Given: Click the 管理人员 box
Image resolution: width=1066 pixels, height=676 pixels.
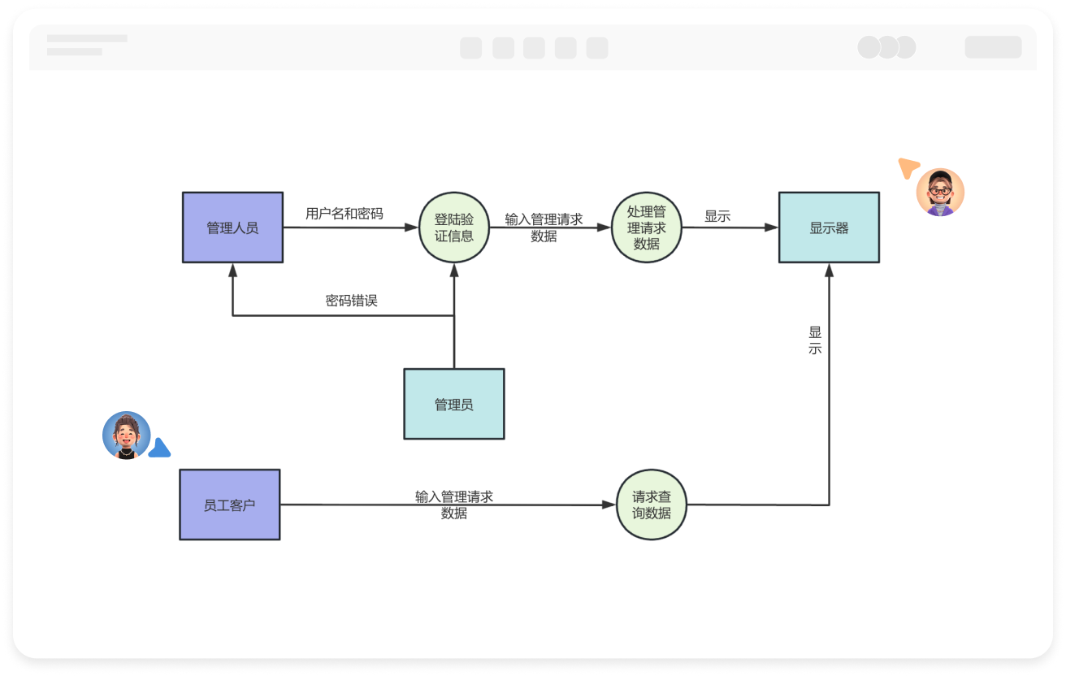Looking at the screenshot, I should click(x=232, y=227).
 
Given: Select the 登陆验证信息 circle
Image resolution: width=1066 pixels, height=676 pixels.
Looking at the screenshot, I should click(x=453, y=227).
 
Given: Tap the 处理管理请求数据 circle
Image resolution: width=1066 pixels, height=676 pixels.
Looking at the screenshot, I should click(x=646, y=227).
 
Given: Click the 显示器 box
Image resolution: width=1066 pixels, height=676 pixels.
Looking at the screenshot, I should click(x=829, y=227).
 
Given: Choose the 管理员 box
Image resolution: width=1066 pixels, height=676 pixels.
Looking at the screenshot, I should click(x=453, y=404).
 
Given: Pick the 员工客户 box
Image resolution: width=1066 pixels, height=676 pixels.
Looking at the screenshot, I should click(x=229, y=505).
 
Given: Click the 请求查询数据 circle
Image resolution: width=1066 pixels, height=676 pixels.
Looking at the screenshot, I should click(x=651, y=505).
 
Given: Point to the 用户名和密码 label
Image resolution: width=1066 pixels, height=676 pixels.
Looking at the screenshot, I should click(x=344, y=214).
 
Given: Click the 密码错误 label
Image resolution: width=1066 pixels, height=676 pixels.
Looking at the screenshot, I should click(x=351, y=301).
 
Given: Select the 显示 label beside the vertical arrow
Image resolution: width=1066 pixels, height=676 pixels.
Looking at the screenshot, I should click(x=815, y=340).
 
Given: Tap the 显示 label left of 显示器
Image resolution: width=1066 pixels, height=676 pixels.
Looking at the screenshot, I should click(x=717, y=216).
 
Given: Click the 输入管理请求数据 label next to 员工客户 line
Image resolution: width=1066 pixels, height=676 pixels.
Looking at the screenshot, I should click(x=453, y=505).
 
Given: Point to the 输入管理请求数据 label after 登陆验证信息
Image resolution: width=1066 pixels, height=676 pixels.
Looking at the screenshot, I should click(x=544, y=227).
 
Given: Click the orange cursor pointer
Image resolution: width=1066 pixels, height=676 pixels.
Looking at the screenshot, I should click(x=908, y=167).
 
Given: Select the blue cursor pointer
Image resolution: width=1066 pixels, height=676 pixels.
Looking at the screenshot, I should click(x=159, y=448).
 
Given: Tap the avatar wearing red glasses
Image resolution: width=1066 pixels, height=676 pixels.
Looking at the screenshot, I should click(x=940, y=193).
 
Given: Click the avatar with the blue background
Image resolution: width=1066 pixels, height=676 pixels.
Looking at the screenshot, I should click(x=126, y=435).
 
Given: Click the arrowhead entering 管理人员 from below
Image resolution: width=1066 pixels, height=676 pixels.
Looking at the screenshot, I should click(x=232, y=269).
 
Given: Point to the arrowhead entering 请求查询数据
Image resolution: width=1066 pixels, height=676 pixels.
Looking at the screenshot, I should click(x=609, y=505).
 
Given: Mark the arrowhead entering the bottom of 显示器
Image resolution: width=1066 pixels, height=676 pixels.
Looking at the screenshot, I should click(x=829, y=270).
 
